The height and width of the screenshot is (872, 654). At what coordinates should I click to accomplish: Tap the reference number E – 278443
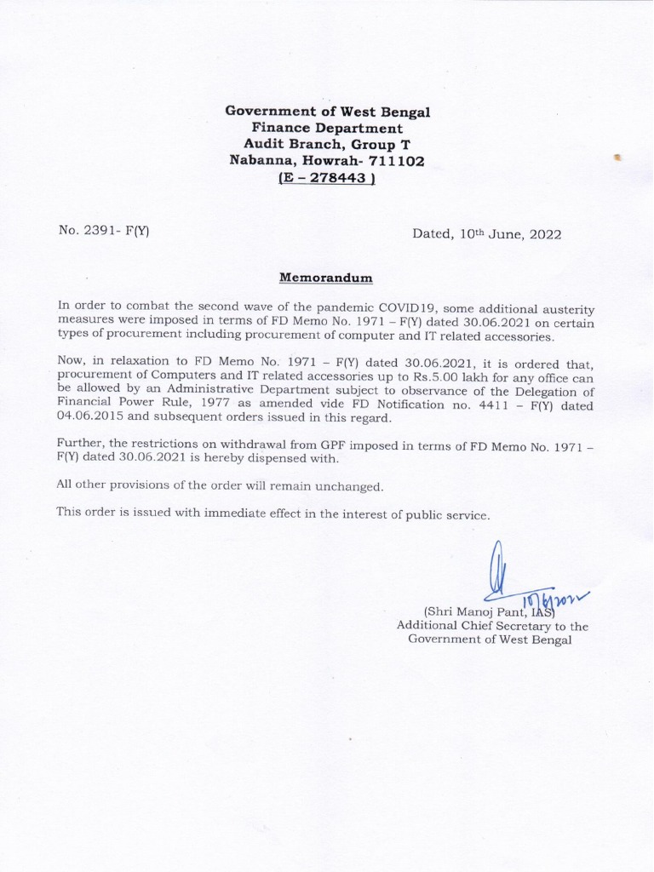pyautogui.click(x=328, y=178)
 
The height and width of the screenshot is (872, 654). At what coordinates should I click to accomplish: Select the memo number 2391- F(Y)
pyautogui.click(x=104, y=231)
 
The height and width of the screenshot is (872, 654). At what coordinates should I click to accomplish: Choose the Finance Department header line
pyautogui.click(x=328, y=128)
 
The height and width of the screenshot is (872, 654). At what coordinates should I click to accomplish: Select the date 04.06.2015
pyautogui.click(x=90, y=419)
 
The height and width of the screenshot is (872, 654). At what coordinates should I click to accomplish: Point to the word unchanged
pyautogui.click(x=345, y=485)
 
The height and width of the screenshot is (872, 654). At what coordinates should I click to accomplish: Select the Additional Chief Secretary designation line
pyautogui.click(x=492, y=626)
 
